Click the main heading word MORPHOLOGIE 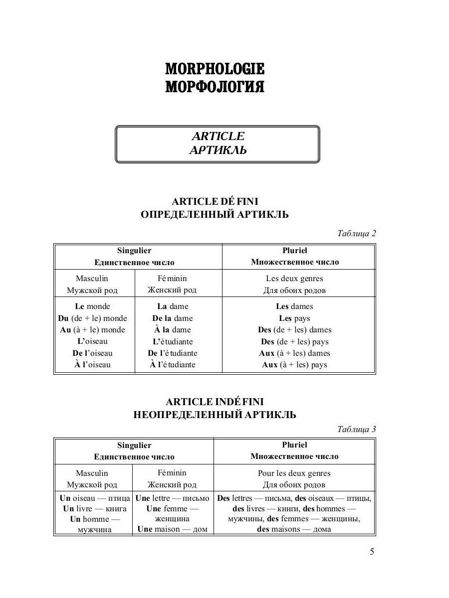click(x=215, y=69)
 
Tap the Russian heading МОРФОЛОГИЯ click(x=215, y=87)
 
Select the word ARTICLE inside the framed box click(x=218, y=136)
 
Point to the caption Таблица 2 click(x=356, y=234)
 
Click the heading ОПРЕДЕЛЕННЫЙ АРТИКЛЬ click(x=215, y=215)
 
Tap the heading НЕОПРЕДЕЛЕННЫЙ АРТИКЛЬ click(x=215, y=415)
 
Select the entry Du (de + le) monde click(x=92, y=318)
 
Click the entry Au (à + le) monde click(x=92, y=330)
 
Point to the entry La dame click(x=173, y=306)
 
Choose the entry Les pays click(x=294, y=318)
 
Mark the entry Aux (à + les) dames click(x=294, y=353)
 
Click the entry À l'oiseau click(x=92, y=365)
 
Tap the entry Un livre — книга click(x=94, y=509)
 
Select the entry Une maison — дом click(x=173, y=529)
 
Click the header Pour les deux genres click(x=294, y=473)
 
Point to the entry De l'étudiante click(x=173, y=353)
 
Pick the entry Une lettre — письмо click(x=173, y=498)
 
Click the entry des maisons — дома click(x=294, y=529)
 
